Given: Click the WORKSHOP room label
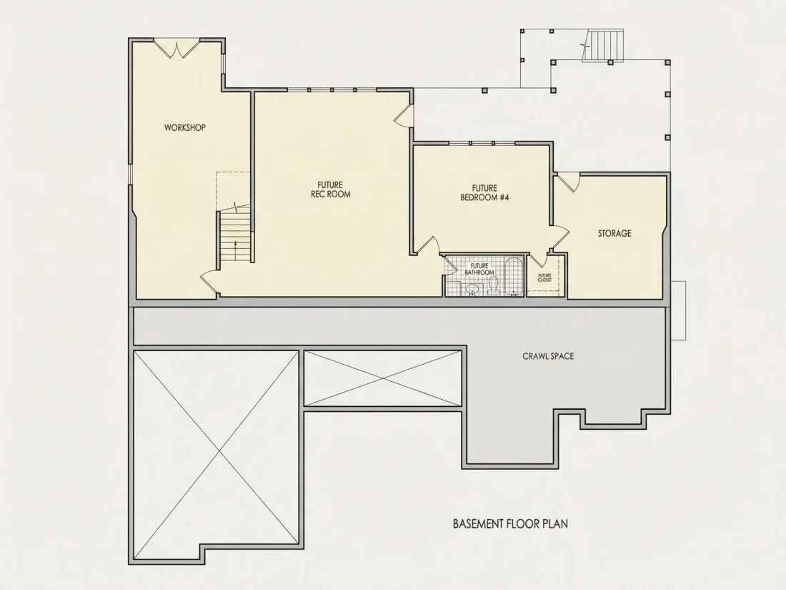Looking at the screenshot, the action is click(x=185, y=127).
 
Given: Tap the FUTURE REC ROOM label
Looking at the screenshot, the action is click(x=330, y=190).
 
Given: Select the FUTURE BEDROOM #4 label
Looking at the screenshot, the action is click(x=484, y=192).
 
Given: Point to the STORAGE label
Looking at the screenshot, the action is click(x=615, y=233).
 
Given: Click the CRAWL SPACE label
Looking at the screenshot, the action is click(x=548, y=356).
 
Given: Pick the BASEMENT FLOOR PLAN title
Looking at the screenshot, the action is click(x=510, y=523).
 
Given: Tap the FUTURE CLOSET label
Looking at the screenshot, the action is click(x=544, y=277).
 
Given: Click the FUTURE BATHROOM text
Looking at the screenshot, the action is click(x=479, y=269).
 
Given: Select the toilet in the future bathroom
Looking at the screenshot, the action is click(x=493, y=285).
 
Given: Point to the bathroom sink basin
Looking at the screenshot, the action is click(x=472, y=290).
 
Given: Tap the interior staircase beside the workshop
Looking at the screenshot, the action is click(x=234, y=236).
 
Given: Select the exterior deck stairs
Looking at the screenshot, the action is click(x=605, y=46).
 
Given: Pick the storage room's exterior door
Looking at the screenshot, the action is click(x=569, y=182).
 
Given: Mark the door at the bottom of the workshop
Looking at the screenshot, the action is click(x=209, y=282).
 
